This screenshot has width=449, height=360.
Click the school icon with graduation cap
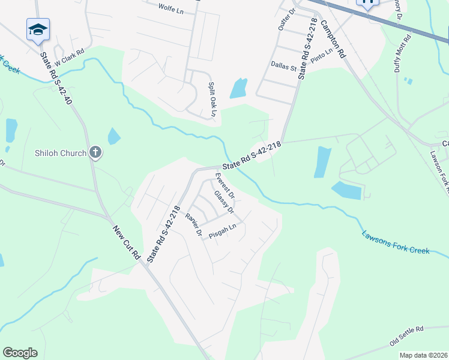tap(38, 29)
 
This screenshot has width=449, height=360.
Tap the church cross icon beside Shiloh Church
tap(95, 153)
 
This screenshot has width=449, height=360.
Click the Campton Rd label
tap(334, 38)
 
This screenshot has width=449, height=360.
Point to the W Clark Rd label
tap(69, 61)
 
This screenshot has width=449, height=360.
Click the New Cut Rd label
tap(126, 243)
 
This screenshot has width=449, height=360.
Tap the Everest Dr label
tap(224, 186)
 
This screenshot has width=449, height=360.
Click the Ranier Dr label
tap(193, 225)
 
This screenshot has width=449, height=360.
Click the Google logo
tap(20, 353)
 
